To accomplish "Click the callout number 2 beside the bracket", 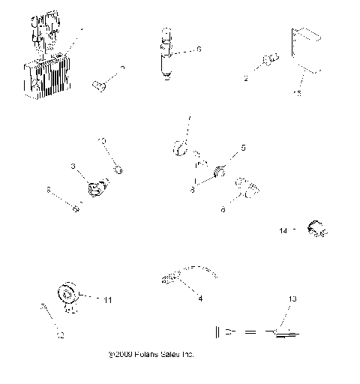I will pos(245,77).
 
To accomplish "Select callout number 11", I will pos(108,300).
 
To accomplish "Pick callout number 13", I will pos(292,298).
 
